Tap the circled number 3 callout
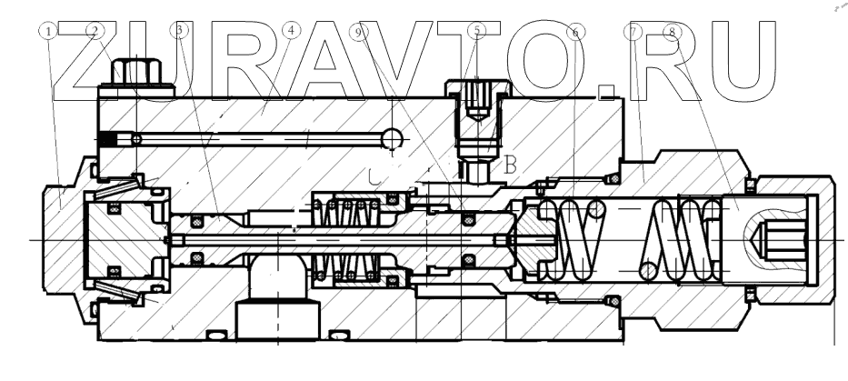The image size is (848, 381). click(183, 30)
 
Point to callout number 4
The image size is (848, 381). click(290, 30)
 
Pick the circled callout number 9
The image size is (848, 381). click(361, 30)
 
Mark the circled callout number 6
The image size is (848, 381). click(574, 30)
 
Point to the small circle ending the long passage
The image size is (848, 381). click(392, 138)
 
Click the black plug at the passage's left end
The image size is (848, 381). click(111, 139)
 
